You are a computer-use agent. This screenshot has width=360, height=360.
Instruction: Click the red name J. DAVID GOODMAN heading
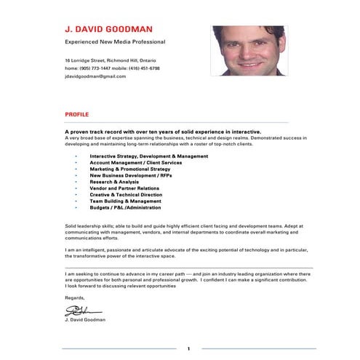(108, 30)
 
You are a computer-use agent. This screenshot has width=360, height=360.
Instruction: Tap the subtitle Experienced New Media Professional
(115, 42)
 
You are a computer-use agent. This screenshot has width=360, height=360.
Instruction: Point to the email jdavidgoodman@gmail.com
(95, 76)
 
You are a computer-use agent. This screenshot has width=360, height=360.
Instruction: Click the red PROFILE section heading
(77, 115)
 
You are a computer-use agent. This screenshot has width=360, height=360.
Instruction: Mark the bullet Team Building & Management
(125, 201)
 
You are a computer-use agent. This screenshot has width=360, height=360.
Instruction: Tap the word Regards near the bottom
(74, 297)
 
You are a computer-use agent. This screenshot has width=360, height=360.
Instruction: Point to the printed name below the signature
(85, 319)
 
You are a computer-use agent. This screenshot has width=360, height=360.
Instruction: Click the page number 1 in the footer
(188, 349)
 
